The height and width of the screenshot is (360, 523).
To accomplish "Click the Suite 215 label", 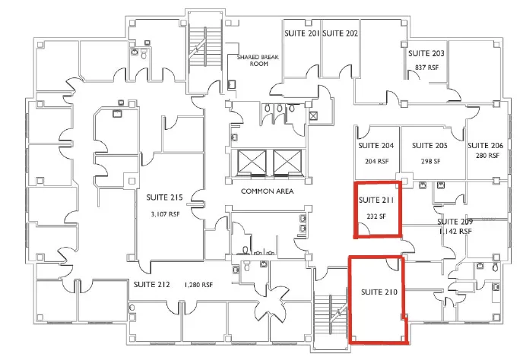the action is point(164,197).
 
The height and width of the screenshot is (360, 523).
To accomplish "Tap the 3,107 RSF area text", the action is point(165,214).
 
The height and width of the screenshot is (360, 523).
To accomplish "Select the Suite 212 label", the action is point(152,284).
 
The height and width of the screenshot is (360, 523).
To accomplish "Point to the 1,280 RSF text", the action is point(198,285).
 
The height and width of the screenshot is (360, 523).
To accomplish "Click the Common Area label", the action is point(267,191).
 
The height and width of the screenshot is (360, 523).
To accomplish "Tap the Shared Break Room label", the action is point(258,60).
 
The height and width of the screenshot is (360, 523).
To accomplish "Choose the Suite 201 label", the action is point(302,33).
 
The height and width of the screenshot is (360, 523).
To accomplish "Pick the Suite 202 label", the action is point(341,33).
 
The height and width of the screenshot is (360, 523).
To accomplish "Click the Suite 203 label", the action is point(426,53).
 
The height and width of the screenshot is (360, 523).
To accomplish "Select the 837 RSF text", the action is point(426,68).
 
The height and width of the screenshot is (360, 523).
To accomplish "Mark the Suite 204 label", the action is point(376,146).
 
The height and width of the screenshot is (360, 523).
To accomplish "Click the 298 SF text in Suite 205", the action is point(430,161).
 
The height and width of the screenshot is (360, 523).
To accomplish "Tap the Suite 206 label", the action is point(485,145).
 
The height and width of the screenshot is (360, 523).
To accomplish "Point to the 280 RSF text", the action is point(487,156).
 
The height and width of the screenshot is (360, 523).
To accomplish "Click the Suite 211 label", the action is point(376,200).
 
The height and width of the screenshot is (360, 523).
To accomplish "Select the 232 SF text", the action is point(376,216).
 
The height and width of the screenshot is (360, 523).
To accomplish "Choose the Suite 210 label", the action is point(379,292).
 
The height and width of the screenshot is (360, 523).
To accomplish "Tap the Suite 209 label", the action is point(455,222).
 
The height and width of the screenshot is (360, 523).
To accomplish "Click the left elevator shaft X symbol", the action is point(252,163).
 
